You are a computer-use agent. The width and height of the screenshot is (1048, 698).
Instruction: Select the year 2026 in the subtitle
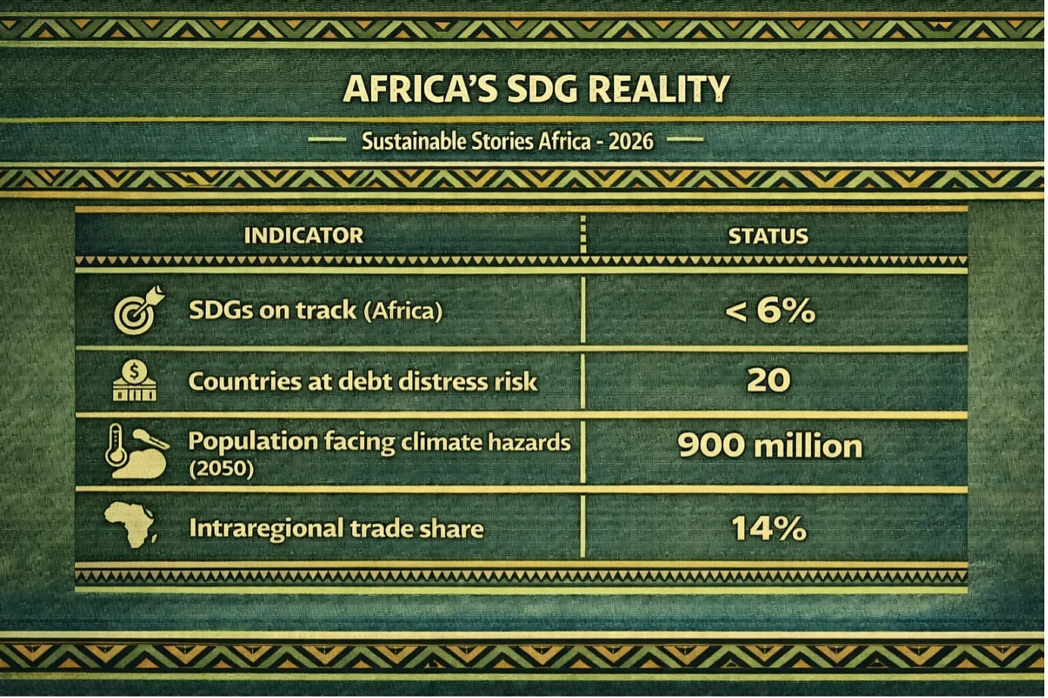[631, 142]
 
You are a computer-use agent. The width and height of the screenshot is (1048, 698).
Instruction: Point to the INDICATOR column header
[304, 235]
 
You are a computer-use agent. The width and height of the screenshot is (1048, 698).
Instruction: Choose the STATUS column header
[769, 236]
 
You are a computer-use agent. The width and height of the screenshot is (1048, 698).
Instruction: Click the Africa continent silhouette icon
[130, 525]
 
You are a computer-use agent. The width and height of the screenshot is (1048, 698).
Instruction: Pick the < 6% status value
[769, 310]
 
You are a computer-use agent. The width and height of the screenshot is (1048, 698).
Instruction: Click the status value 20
[769, 380]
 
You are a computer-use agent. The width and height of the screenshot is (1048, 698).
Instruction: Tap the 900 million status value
[769, 445]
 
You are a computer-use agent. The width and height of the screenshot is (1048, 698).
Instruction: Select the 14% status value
[769, 528]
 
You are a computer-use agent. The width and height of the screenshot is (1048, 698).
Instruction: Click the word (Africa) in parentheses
[403, 310]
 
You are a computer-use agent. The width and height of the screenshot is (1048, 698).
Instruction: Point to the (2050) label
[221, 469]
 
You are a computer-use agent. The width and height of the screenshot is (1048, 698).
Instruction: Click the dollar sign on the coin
[135, 372]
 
